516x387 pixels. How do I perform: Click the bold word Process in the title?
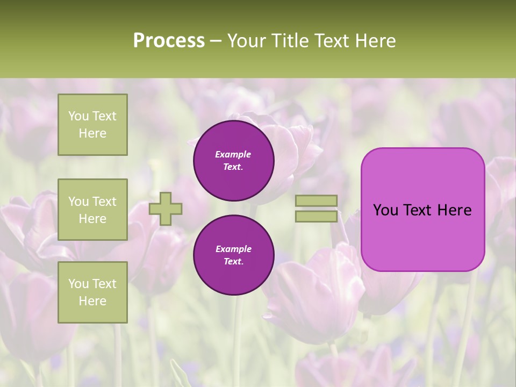[169, 41]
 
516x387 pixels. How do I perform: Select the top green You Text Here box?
[92, 125]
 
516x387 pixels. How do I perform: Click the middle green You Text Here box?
[92, 210]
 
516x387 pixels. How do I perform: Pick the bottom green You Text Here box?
[92, 292]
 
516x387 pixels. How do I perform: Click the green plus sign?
[166, 209]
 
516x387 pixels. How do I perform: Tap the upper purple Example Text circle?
[234, 160]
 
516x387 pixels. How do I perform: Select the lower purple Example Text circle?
[234, 255]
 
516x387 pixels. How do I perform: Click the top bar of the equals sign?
[317, 201]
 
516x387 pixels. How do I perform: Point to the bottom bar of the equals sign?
[317, 216]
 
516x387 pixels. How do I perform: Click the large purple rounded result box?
[422, 210]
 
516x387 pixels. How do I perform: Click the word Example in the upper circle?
[233, 154]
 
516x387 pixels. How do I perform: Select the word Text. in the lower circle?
[233, 261]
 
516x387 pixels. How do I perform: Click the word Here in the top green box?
[92, 133]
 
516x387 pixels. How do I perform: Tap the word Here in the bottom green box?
[92, 301]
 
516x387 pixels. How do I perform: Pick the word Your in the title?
[248, 41]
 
